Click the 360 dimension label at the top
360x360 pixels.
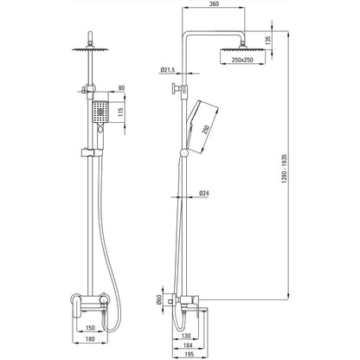(x=215, y=3)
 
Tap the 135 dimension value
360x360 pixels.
(x=268, y=40)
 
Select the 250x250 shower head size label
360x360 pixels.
(x=242, y=60)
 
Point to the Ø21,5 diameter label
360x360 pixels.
(x=168, y=69)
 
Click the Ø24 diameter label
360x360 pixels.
(x=203, y=193)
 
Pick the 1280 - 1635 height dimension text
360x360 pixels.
(x=284, y=170)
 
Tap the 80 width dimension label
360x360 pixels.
(x=121, y=88)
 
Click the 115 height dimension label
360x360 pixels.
(x=120, y=112)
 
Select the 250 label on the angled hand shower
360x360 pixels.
(x=205, y=130)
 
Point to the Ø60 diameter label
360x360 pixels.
(x=158, y=300)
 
